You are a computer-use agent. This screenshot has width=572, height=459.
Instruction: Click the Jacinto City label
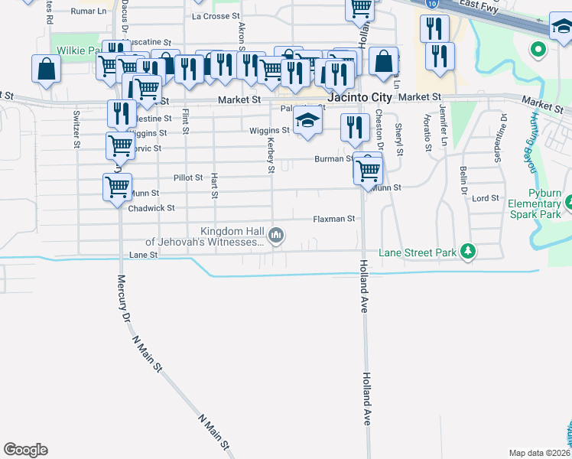coord(359,98)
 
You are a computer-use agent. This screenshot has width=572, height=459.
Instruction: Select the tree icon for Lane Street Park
coord(465,252)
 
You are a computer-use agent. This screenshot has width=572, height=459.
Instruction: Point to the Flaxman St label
coord(334,219)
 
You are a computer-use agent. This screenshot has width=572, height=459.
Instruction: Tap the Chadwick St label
coord(151,208)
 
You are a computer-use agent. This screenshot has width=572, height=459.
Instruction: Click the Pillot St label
coord(188,177)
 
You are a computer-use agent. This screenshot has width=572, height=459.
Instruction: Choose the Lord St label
coord(486,198)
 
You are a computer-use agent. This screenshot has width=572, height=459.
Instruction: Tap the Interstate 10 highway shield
coord(434,3)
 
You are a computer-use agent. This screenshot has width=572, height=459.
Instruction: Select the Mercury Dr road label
coord(121,298)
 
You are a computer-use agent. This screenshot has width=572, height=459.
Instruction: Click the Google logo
coord(25,450)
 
